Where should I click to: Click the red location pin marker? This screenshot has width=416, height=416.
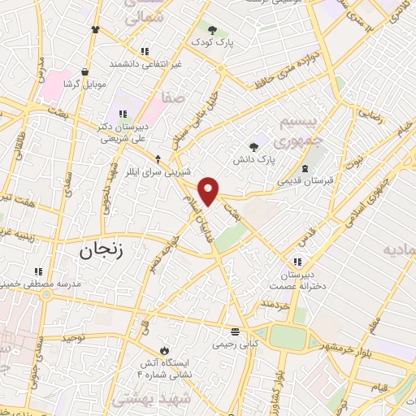[x=210, y=191]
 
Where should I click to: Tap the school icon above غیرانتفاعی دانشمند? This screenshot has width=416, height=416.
[x=145, y=50]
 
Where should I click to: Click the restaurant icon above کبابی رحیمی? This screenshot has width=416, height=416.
[x=235, y=331]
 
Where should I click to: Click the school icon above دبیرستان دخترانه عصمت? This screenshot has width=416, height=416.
[x=298, y=261]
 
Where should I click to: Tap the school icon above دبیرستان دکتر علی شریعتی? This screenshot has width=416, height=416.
[x=123, y=114]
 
